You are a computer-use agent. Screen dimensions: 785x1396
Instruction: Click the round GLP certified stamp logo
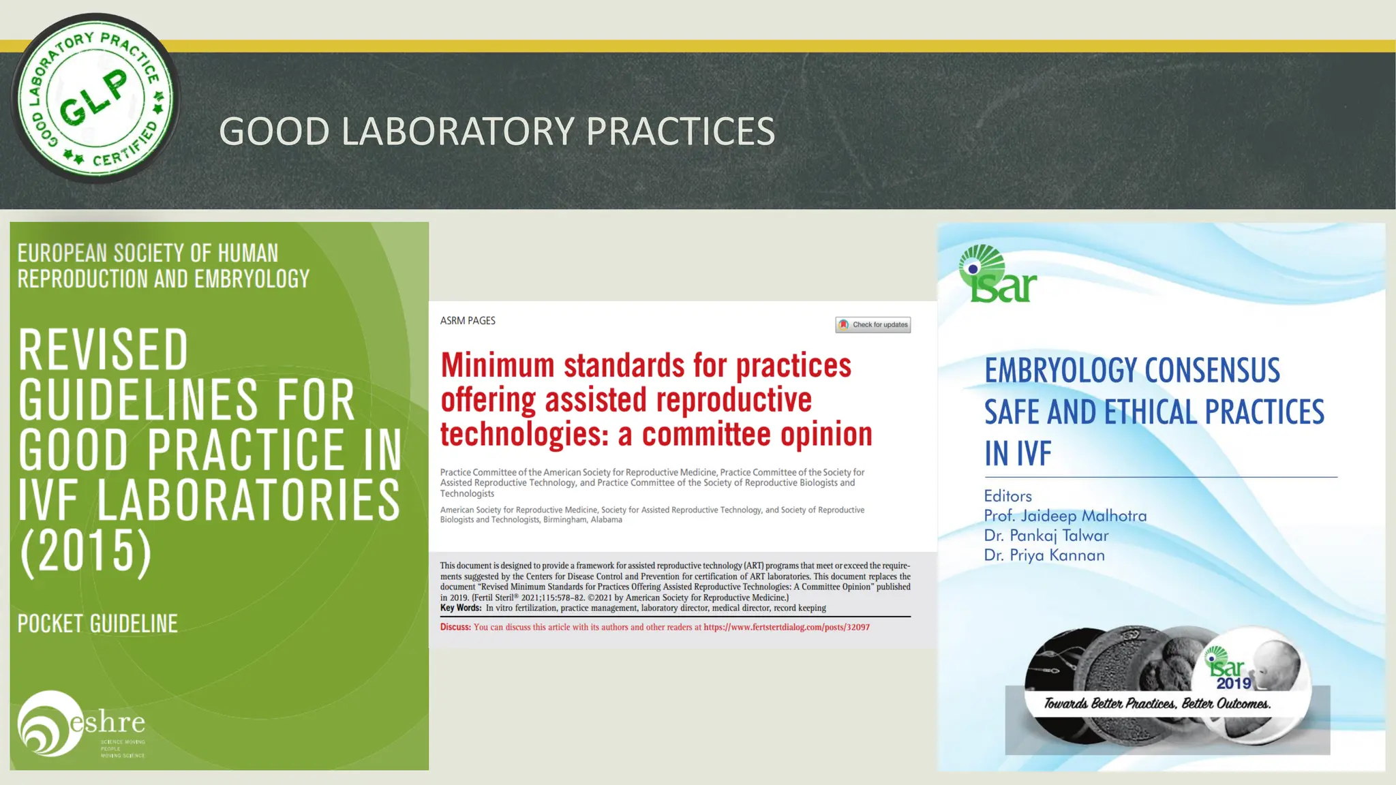tap(95, 99)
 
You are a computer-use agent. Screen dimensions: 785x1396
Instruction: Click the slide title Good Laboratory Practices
tap(497, 131)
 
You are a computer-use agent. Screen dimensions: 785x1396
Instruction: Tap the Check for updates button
tap(873, 325)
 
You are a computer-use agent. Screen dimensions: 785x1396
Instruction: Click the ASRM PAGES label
tap(468, 321)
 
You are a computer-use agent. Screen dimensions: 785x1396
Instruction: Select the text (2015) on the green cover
tap(86, 552)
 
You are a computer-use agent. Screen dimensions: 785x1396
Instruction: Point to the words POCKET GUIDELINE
tap(97, 624)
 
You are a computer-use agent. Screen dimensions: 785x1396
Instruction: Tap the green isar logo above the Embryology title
tap(997, 275)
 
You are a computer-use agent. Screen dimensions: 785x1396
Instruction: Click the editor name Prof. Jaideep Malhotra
tap(1065, 516)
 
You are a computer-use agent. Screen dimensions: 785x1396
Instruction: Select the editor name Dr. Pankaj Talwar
tap(1046, 536)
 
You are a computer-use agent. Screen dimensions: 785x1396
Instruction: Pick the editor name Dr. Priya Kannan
tap(1044, 555)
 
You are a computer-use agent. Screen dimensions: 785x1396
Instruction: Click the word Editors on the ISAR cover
tap(1007, 496)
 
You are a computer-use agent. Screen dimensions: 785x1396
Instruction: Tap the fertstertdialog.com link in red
tap(787, 628)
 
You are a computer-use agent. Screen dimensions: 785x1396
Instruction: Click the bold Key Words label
tap(461, 608)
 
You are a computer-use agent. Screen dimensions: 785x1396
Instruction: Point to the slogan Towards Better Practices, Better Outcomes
tap(1157, 704)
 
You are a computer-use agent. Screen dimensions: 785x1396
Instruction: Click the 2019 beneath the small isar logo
tap(1234, 683)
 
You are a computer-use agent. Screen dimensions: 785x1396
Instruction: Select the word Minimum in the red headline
tap(498, 366)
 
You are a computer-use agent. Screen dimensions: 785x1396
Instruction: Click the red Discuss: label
tap(455, 628)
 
